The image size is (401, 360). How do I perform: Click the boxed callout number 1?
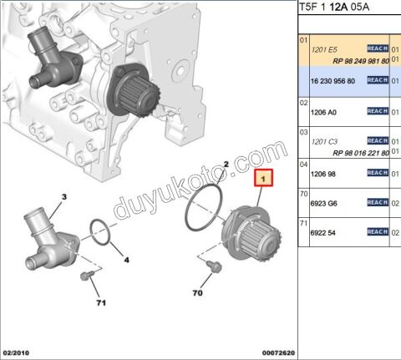(x=261, y=177)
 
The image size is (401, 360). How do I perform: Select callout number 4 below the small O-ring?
(x=126, y=260)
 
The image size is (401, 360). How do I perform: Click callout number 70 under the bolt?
(x=197, y=294)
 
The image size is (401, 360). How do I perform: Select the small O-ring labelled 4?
(x=99, y=234)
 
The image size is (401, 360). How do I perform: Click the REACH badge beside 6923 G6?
(x=378, y=201)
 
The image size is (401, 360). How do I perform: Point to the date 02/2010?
(x=18, y=353)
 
